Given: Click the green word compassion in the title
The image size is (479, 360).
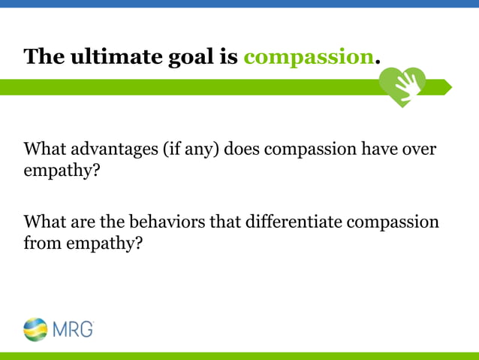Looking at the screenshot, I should click(308, 56).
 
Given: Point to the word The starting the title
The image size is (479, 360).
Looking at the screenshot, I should click(44, 56).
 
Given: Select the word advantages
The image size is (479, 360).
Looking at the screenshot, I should click(110, 149).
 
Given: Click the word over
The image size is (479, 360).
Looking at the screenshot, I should click(419, 149).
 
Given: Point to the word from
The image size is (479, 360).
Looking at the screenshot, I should click(41, 244).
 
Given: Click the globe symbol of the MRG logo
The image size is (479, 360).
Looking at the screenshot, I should click(35, 328).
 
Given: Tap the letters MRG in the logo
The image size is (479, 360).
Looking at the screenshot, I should click(73, 328).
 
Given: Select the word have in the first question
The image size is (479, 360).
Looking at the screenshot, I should click(379, 149).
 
